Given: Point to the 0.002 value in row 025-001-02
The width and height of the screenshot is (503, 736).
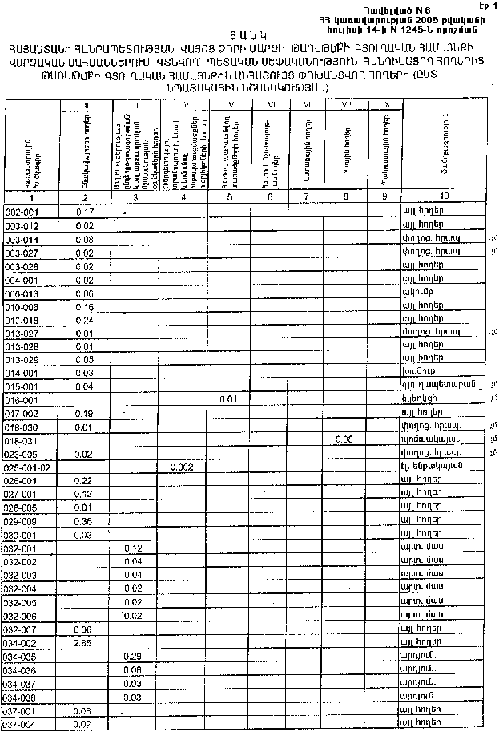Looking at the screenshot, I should click(x=182, y=467).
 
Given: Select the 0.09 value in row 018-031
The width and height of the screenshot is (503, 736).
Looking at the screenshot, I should click(x=344, y=439).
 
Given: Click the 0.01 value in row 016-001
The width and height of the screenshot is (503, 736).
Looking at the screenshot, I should click(x=227, y=398).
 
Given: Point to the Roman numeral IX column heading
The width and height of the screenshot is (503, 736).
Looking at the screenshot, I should click(x=386, y=105).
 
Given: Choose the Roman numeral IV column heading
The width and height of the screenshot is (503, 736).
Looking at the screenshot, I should click(x=185, y=105).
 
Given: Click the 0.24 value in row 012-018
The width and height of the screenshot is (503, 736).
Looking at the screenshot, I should click(x=84, y=319).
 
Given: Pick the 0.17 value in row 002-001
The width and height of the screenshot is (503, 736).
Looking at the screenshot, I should click(x=85, y=211).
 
